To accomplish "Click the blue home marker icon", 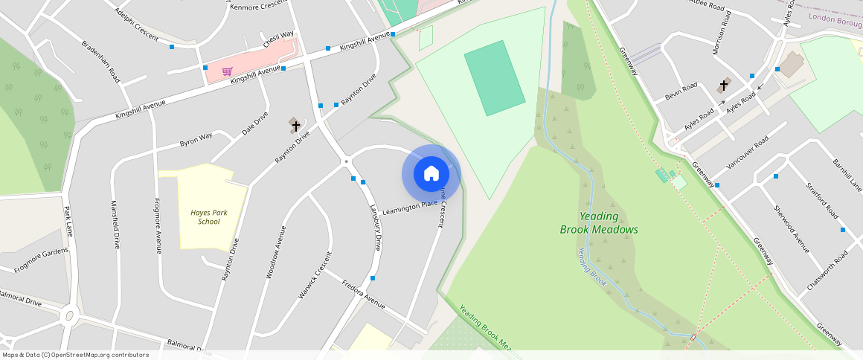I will (x=431, y=174).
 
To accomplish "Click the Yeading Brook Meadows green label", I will (x=599, y=222).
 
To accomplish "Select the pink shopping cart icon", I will (x=227, y=72).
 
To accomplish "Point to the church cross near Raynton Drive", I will (x=295, y=125).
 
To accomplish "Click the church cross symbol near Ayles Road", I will (x=723, y=86).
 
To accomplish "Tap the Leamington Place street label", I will (x=409, y=208).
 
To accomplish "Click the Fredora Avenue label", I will (x=363, y=294).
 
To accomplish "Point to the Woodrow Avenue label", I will (x=276, y=251).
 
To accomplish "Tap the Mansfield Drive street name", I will (x=115, y=223).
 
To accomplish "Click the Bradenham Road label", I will (x=100, y=60).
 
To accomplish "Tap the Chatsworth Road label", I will (x=827, y=271).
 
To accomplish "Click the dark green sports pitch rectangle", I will (x=495, y=78).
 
